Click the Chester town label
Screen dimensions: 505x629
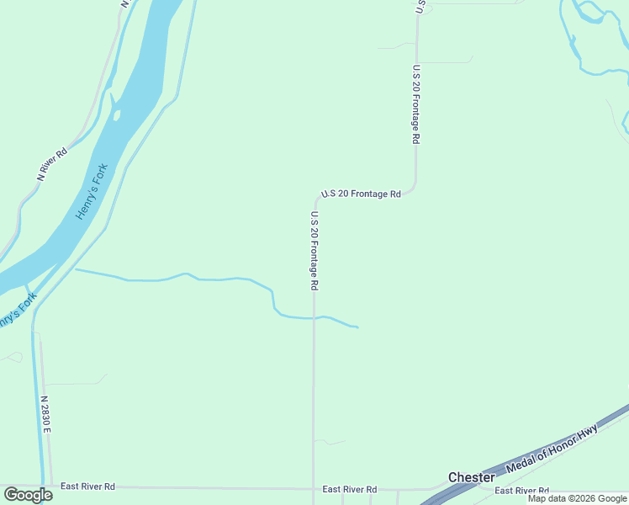coord(471,477)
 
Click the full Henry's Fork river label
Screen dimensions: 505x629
coord(92,191)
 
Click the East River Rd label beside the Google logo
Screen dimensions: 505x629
coord(87,486)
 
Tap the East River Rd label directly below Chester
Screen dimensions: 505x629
coord(521,491)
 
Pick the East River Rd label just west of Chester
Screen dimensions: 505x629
coord(349,489)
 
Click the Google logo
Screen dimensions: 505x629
coord(28,495)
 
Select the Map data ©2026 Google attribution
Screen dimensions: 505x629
coord(577,498)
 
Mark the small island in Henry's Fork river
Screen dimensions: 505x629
coord(116,114)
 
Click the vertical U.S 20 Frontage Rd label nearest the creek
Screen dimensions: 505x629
coord(314,251)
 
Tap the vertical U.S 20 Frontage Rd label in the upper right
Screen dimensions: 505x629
coord(415,105)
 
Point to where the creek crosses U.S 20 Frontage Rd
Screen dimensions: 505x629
coord(314,318)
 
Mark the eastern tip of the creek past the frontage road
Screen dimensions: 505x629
coord(357,327)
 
